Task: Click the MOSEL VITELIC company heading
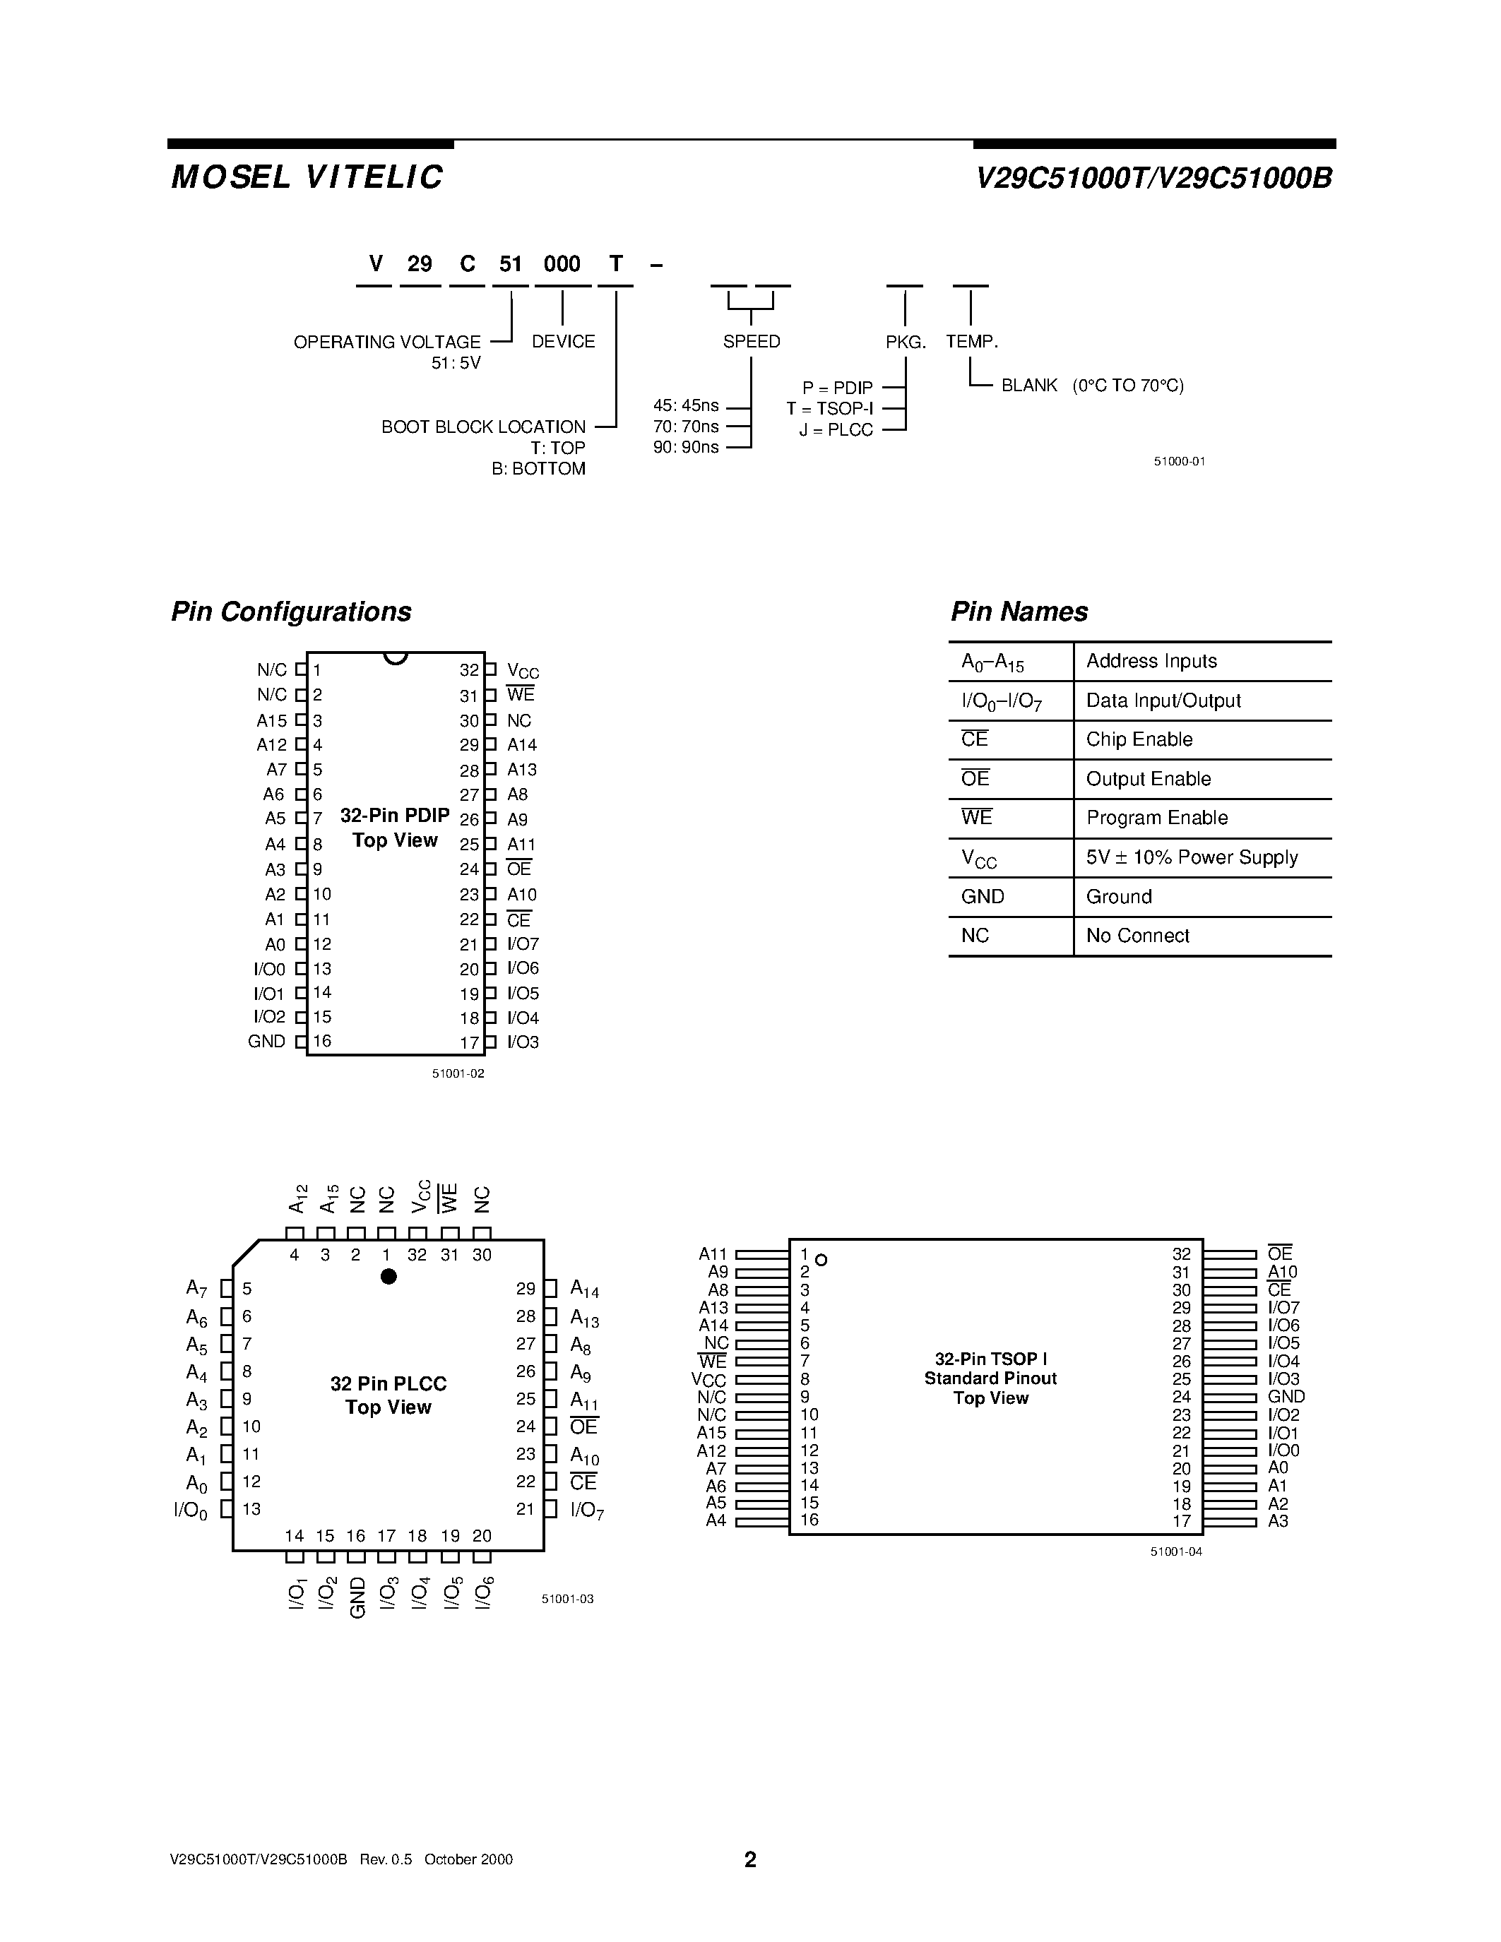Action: (x=307, y=177)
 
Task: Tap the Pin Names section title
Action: (x=1019, y=612)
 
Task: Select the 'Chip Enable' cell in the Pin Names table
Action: (x=1139, y=740)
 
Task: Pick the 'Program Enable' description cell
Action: (x=1157, y=818)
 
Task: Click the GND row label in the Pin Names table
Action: (x=983, y=897)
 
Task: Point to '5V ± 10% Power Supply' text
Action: (x=1192, y=857)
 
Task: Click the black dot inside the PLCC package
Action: (x=388, y=1277)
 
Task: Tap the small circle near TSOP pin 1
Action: (x=821, y=1260)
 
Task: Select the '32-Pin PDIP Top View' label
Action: (x=395, y=828)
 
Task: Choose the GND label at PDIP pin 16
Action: (x=267, y=1041)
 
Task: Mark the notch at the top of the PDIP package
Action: (x=396, y=658)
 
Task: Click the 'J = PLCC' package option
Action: (x=836, y=430)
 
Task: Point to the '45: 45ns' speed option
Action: (x=686, y=406)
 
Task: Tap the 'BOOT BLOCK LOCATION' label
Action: (x=484, y=427)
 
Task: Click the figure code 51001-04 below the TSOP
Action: (x=1175, y=1551)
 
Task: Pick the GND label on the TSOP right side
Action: (x=1286, y=1397)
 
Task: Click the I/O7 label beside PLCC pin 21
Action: (x=587, y=1510)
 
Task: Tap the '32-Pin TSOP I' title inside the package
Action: (x=990, y=1359)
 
